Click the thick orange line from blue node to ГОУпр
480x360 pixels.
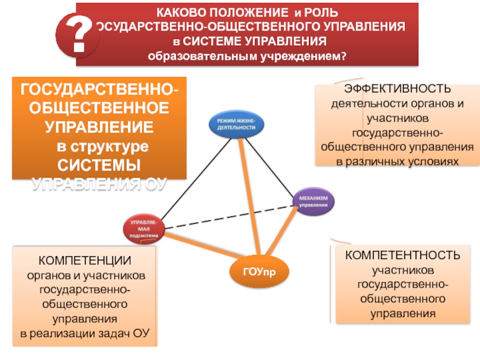(250, 198)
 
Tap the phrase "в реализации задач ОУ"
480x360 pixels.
(85, 332)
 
